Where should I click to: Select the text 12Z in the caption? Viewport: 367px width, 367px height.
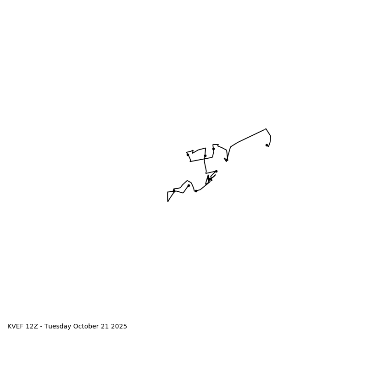[x=32, y=327]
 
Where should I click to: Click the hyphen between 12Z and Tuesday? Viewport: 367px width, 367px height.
[x=42, y=327]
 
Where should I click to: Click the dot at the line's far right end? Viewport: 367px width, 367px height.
[x=267, y=145]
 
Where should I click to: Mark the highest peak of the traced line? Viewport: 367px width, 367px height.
[x=266, y=129]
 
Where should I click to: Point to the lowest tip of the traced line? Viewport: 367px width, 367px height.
[x=168, y=201]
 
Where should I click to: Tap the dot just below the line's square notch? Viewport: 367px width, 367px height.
[x=213, y=149]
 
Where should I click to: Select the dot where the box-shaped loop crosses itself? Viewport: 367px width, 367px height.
[x=205, y=156]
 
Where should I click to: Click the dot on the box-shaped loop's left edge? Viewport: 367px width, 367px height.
[x=188, y=155]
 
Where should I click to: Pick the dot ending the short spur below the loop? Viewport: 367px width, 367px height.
[x=216, y=171]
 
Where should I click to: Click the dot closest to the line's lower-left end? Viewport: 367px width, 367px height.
[x=174, y=191]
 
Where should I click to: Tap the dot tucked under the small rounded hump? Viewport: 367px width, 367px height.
[x=189, y=185]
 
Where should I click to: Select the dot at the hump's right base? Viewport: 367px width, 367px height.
[x=196, y=191]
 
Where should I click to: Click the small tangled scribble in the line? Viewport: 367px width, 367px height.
[x=210, y=178]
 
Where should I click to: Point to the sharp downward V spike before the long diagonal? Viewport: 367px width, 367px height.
[x=226, y=160]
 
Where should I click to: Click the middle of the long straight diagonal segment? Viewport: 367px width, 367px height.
[x=251, y=136]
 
